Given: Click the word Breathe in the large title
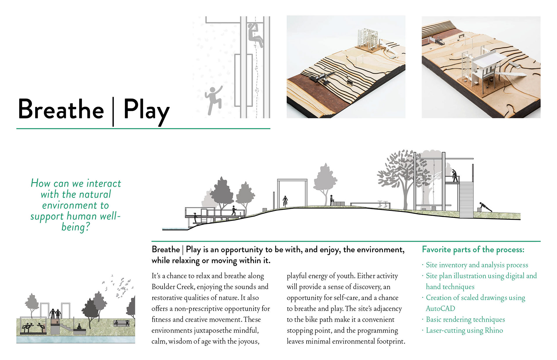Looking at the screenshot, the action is click(x=61, y=110).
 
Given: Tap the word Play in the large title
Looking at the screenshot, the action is click(x=146, y=110).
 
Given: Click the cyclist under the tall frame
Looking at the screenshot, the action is click(x=285, y=200).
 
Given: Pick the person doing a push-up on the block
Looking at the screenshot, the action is click(x=484, y=208).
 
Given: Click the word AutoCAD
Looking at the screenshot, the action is click(x=440, y=308).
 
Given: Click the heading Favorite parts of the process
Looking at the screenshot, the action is click(x=473, y=250).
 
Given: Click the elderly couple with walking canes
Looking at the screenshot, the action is click(x=55, y=314).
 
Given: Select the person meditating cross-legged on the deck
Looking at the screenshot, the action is click(x=79, y=327).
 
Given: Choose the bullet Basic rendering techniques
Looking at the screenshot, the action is click(x=465, y=319).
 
